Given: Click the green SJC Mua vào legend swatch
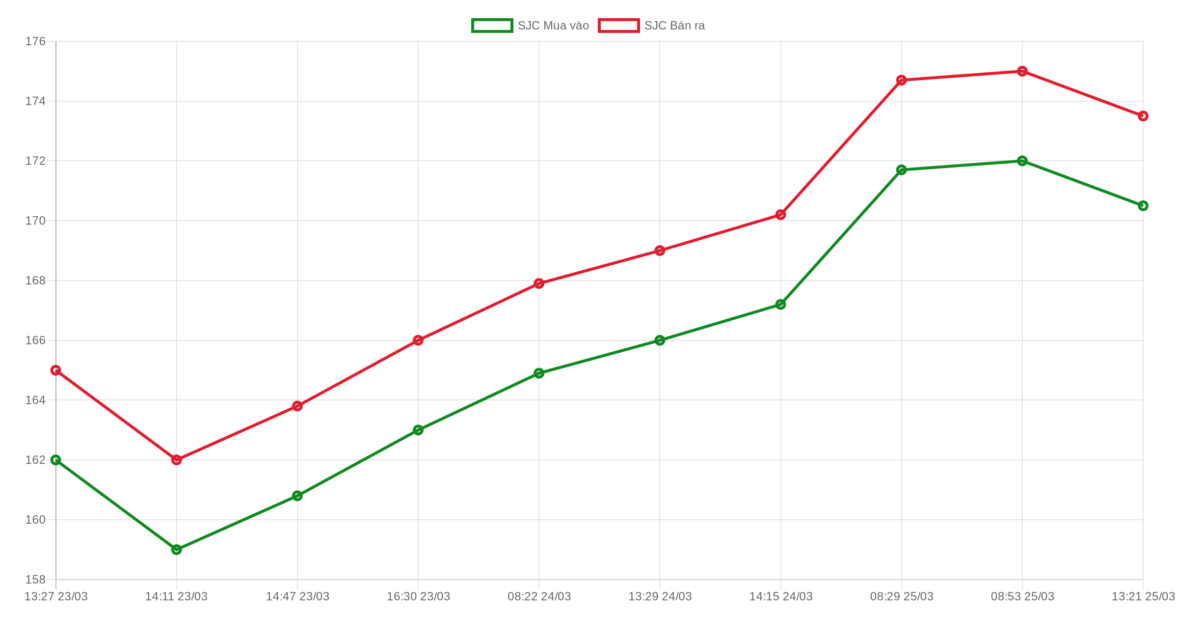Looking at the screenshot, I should point(492,26).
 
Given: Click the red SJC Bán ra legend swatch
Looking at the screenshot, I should point(618,26).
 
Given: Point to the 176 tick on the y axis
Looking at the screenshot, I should point(35,41).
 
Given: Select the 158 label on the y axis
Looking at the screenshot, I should point(35,579).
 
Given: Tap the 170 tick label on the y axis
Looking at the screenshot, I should point(35,221).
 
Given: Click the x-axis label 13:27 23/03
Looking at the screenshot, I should point(56,596).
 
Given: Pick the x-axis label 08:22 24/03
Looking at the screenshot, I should point(539,596).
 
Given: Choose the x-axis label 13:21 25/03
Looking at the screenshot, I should point(1143,596).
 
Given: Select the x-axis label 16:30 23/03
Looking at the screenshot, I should point(418,596).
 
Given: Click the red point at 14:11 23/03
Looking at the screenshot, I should point(177,460).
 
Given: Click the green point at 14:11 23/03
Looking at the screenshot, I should point(177,549).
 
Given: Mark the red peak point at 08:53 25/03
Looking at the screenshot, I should point(1022,71).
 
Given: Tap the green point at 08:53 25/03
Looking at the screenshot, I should point(1022,161).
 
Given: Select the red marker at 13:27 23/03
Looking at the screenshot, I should point(56,370).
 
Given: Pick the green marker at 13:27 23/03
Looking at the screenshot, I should point(56,460).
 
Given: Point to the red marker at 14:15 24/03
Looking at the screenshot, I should point(780,215).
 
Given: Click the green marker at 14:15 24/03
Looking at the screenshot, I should point(780,305).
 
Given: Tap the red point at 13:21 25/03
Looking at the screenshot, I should point(1143,116).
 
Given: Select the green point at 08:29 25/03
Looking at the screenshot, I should point(901,170).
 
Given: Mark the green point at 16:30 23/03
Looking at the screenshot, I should point(418,430).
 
